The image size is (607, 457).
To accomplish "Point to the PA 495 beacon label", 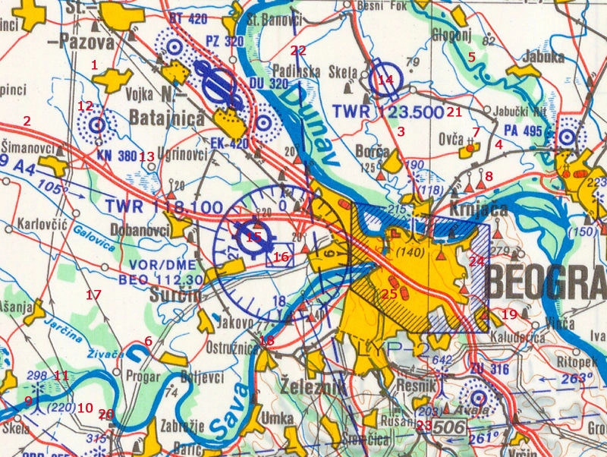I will pyautogui.click(x=522, y=131).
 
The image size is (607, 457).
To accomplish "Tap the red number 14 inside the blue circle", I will pyautogui.click(x=385, y=79).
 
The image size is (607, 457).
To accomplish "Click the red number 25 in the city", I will pyautogui.click(x=389, y=293).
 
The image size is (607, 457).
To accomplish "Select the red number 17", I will pyautogui.click(x=93, y=295).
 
